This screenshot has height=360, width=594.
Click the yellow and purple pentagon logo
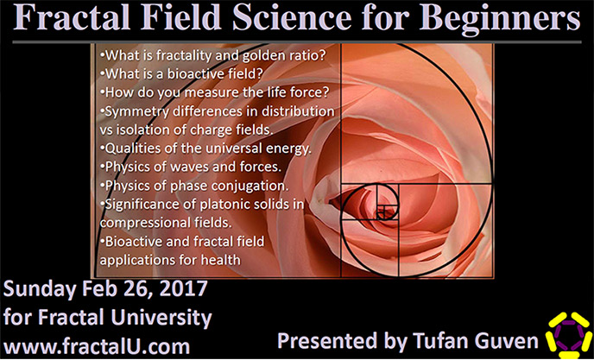pos(569,335)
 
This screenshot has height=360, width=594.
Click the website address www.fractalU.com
pos(97,347)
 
